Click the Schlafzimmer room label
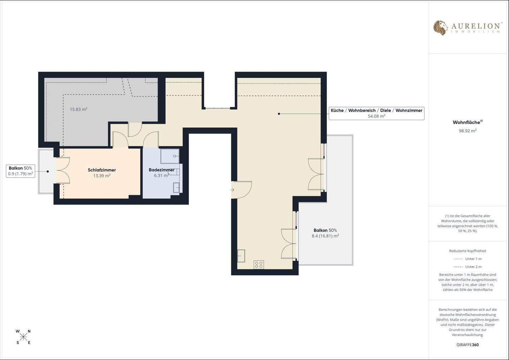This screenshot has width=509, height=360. [102, 170]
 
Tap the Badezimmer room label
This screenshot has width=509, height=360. [162, 170]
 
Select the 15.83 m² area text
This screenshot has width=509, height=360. [78, 109]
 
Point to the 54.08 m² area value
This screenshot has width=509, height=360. [376, 116]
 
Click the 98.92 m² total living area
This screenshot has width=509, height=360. [468, 131]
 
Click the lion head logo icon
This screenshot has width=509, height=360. [440, 28]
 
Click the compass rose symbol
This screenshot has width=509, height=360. [23, 337]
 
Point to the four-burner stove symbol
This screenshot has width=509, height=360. [259, 264]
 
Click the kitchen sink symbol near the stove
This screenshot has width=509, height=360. [241, 256]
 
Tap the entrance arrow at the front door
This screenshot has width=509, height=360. [232, 190]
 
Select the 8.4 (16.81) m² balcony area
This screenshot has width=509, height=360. [326, 236]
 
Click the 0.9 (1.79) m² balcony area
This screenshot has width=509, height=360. [21, 174]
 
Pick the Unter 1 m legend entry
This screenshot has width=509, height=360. [468, 259]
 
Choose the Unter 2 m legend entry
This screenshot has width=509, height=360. [468, 267]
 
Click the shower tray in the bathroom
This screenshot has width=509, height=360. [170, 156]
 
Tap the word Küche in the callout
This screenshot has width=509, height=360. [337, 110]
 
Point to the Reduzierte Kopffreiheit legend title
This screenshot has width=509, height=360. [468, 251]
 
